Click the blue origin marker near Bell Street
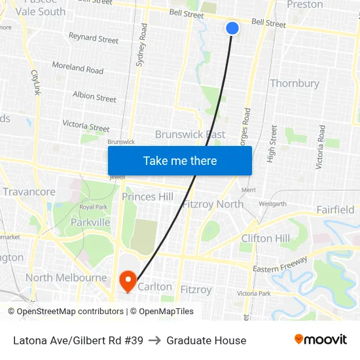click(232, 28)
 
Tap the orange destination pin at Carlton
click(128, 281)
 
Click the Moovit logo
click(320, 340)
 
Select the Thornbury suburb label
click(295, 83)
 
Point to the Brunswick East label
click(190, 134)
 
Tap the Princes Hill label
click(147, 196)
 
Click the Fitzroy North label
click(213, 204)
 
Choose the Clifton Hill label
click(266, 238)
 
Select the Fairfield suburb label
click(334, 209)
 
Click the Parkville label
click(90, 222)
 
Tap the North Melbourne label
click(65, 278)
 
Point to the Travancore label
click(29, 192)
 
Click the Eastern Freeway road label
click(279, 265)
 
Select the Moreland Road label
click(77, 68)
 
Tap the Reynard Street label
click(94, 39)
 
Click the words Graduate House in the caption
click(206, 340)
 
